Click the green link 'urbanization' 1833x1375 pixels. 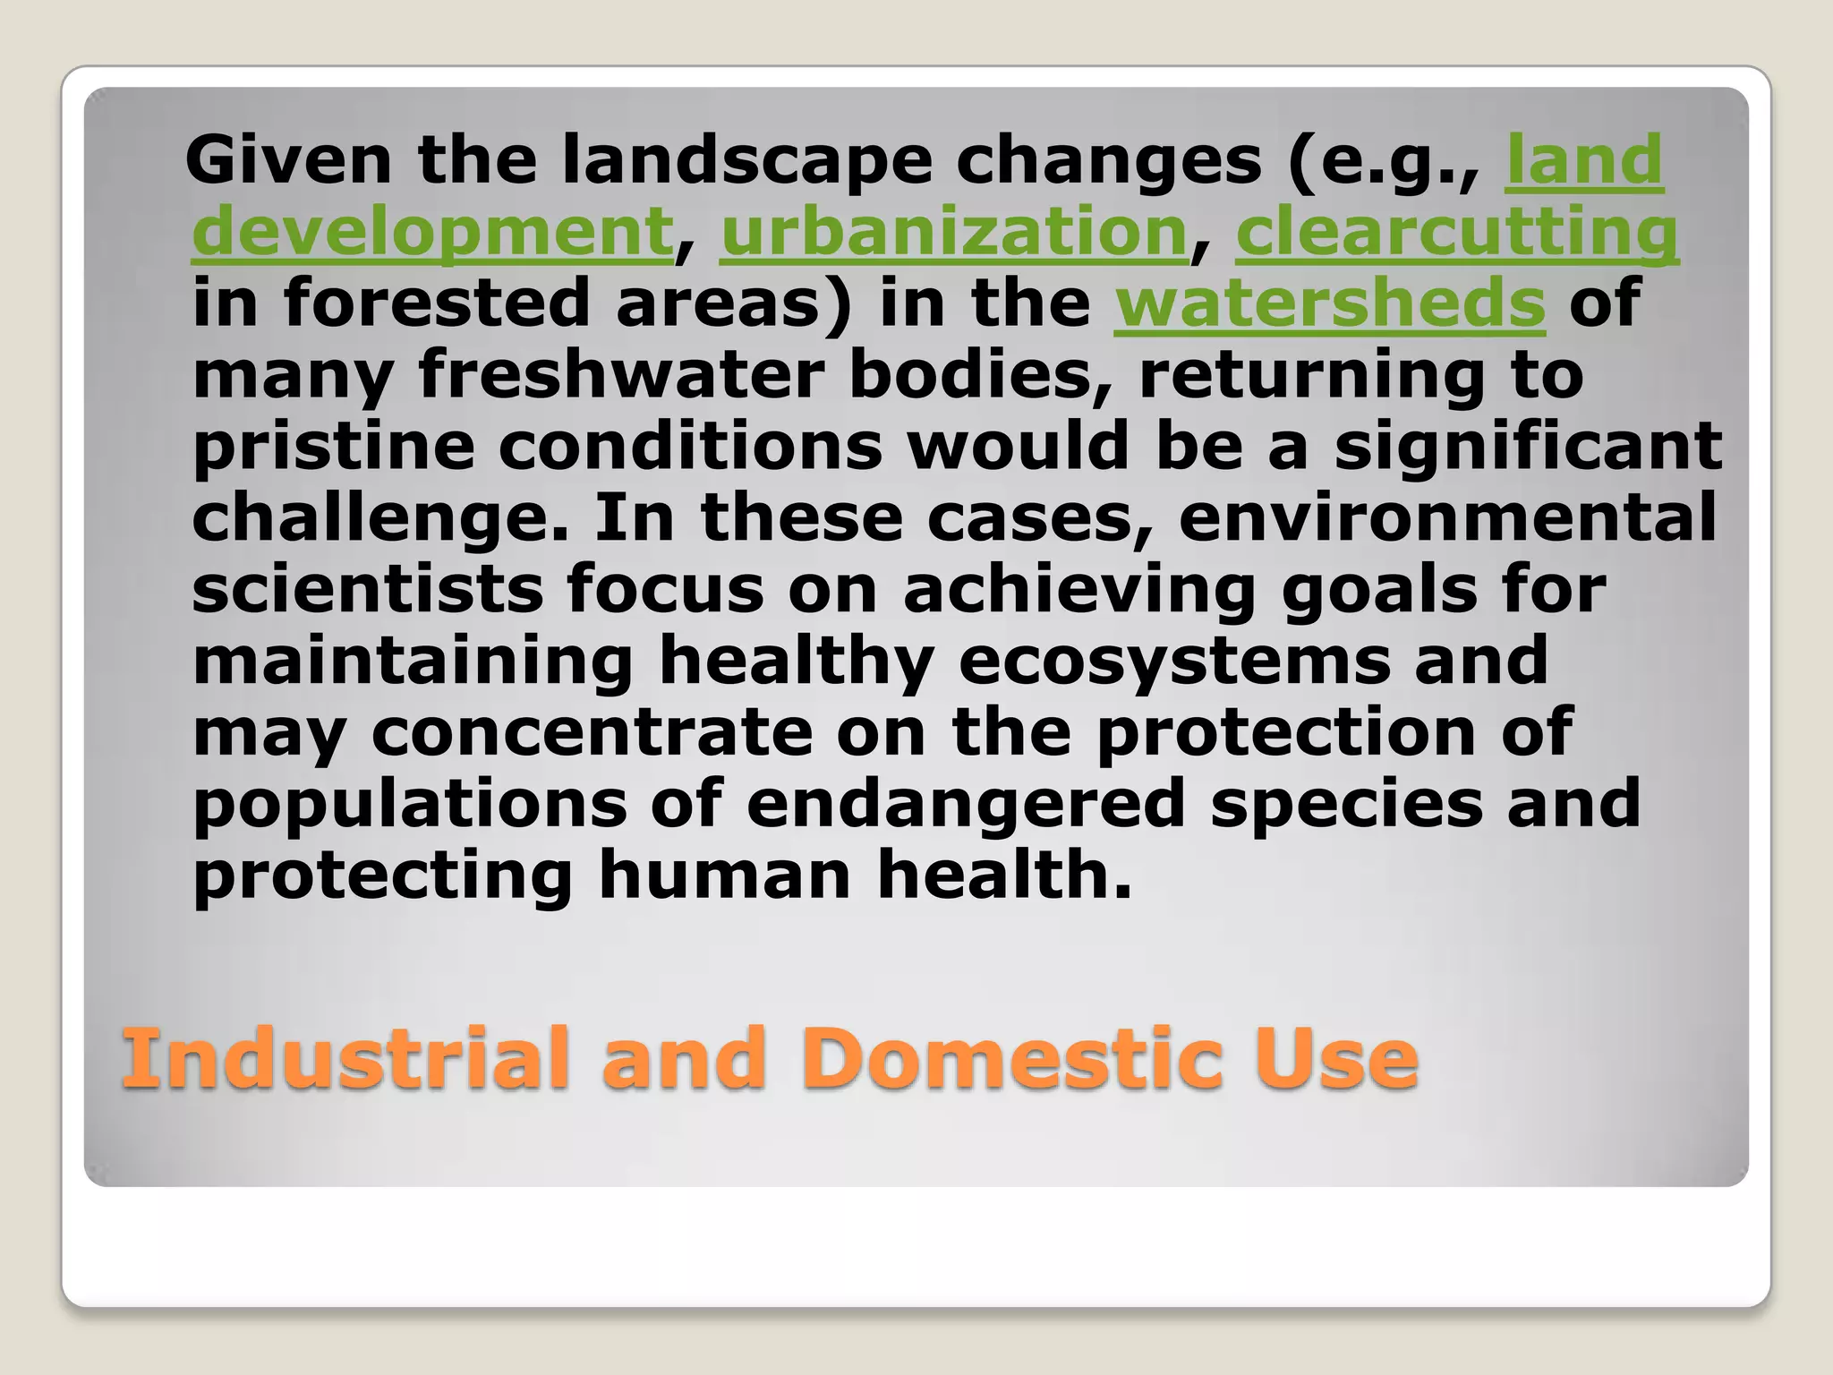click(953, 232)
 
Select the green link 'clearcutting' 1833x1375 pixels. click(1456, 232)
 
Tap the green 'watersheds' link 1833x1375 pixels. click(1329, 303)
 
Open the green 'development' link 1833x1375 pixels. click(432, 232)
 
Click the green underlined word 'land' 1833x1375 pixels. click(1584, 160)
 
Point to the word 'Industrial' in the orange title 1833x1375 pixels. click(345, 1059)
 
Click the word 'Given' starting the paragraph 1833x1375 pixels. click(287, 160)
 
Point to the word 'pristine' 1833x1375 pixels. click(333, 446)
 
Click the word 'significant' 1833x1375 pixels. click(1528, 446)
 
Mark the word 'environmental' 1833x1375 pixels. click(1447, 517)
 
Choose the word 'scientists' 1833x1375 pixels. click(367, 589)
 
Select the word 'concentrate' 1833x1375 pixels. click(592, 732)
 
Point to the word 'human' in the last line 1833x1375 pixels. click(724, 875)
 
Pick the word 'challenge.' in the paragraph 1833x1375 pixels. click(380, 517)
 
